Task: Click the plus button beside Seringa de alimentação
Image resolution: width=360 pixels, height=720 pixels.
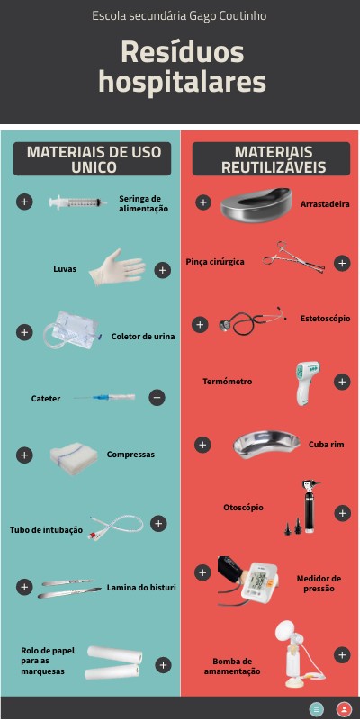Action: pyautogui.click(x=24, y=202)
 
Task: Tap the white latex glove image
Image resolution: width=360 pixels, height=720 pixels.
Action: pyautogui.click(x=117, y=267)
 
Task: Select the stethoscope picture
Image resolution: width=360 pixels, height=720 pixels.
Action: pyautogui.click(x=252, y=320)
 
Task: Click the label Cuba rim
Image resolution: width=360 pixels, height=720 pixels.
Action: pyautogui.click(x=326, y=445)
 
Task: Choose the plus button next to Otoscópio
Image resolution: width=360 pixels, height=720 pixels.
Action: pyautogui.click(x=342, y=513)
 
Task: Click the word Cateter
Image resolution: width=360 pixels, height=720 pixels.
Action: pyautogui.click(x=46, y=399)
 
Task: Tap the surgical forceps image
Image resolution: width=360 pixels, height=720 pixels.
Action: pyautogui.click(x=294, y=257)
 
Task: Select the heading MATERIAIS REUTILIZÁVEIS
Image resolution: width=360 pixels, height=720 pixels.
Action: pyautogui.click(x=274, y=159)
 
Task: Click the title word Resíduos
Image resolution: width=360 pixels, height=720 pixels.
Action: pyautogui.click(x=183, y=53)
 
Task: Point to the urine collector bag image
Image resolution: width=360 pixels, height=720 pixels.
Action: pyautogui.click(x=71, y=329)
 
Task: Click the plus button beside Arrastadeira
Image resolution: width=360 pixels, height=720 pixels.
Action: pyautogui.click(x=203, y=202)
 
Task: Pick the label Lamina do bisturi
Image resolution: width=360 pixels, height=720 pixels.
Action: pyautogui.click(x=141, y=588)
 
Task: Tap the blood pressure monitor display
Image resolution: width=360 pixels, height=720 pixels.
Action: pyautogui.click(x=260, y=581)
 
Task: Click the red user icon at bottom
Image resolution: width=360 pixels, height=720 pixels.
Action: pyautogui.click(x=344, y=708)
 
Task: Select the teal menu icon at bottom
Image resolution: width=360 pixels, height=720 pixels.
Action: pyautogui.click(x=317, y=708)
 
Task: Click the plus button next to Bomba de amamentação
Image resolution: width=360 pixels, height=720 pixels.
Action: pyautogui.click(x=342, y=655)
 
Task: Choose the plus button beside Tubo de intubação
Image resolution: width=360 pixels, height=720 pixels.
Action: pyautogui.click(x=158, y=524)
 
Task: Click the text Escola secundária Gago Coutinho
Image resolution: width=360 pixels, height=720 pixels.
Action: pyautogui.click(x=179, y=16)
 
